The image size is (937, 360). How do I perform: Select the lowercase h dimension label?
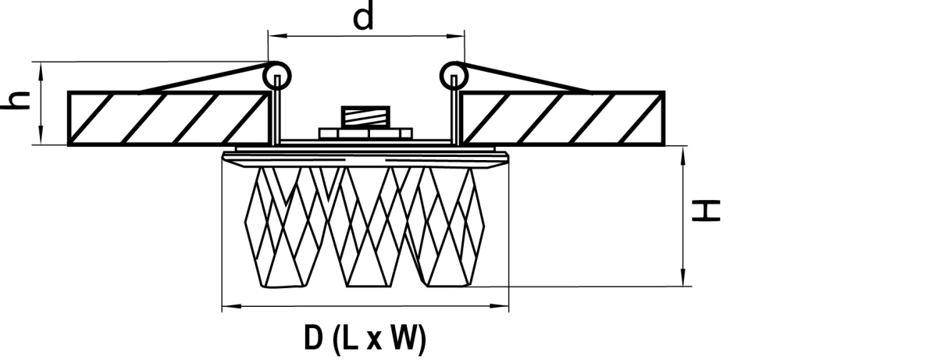pos(16,101)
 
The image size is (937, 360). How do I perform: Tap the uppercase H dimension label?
pos(706,211)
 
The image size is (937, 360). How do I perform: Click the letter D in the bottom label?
pos(314,338)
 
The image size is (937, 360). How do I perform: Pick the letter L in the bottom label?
pos(351,338)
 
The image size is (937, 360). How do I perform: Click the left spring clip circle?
pos(276,76)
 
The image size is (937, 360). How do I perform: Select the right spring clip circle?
pos(454,76)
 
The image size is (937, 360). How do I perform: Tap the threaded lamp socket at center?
pos(365,116)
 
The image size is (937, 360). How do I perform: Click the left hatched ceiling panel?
pos(168,119)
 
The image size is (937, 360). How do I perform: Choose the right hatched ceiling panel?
pos(563,119)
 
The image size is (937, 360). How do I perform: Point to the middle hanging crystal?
pos(367,227)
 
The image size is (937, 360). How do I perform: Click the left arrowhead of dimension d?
pos(275,37)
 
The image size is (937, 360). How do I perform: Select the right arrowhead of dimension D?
pos(501,306)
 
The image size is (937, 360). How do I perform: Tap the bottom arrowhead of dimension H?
pos(683,280)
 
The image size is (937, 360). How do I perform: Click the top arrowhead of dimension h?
pos(41,70)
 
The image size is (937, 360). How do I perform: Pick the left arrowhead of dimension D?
pos(229,306)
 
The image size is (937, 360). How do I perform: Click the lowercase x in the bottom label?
pos(374,340)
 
